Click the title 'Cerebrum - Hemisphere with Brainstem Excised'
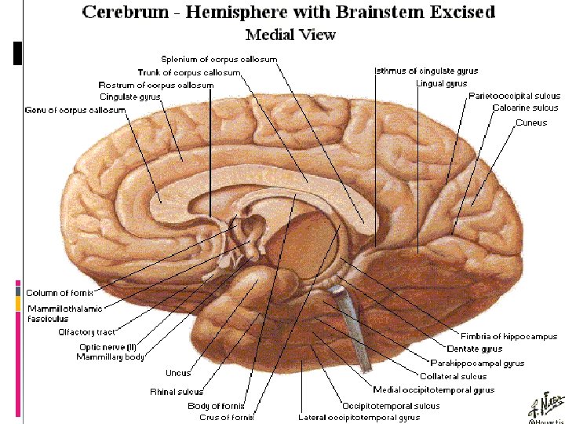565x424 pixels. [x=288, y=12]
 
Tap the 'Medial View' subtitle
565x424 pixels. [x=290, y=35]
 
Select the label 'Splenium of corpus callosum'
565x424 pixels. [x=219, y=59]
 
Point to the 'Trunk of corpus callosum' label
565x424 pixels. [x=188, y=72]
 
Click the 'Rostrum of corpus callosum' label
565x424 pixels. [x=155, y=85]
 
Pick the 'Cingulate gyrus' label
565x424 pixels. [x=129, y=97]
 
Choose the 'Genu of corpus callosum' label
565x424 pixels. [x=75, y=110]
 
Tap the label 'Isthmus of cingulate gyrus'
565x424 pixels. [x=426, y=71]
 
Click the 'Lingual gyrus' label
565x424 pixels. [x=441, y=83]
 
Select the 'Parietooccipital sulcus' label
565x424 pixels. [x=513, y=95]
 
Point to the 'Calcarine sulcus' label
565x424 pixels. [x=525, y=108]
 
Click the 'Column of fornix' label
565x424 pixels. [x=53, y=293]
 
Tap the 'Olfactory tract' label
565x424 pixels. [x=87, y=332]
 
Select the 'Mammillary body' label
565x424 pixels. [x=110, y=356]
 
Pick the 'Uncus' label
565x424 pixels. [x=178, y=373]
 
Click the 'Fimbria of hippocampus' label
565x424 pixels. [x=498, y=336]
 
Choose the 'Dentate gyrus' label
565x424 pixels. [x=474, y=349]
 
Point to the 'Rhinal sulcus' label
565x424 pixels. [x=176, y=391]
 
